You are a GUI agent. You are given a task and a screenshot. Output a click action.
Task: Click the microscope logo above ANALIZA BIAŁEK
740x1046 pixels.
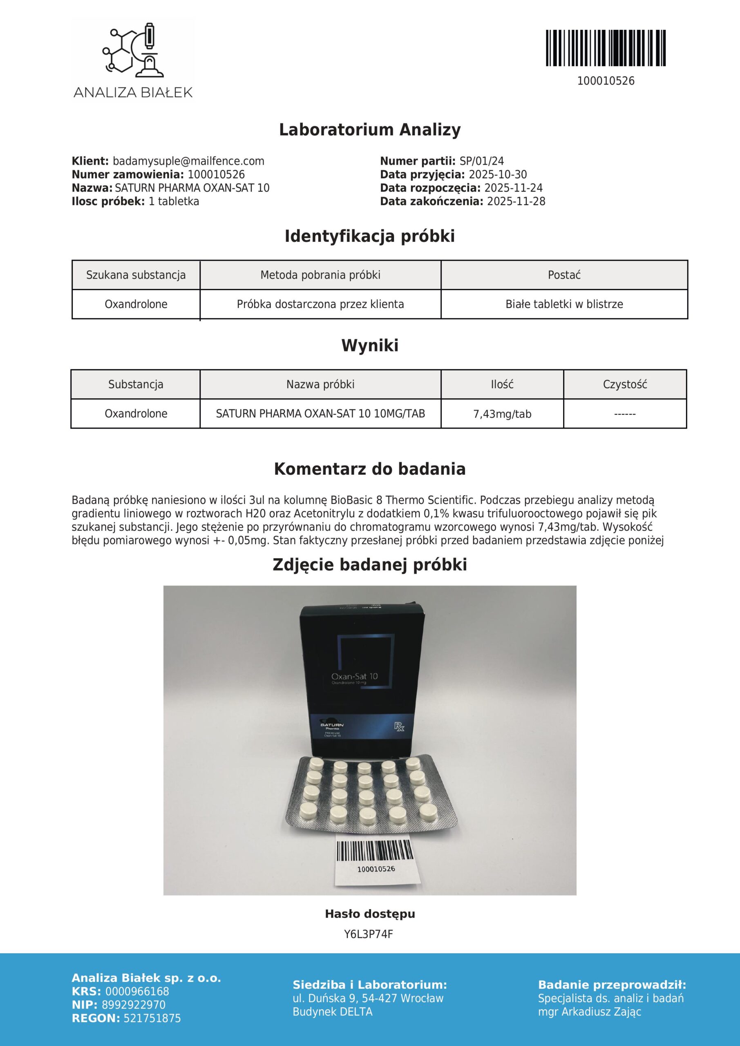133,50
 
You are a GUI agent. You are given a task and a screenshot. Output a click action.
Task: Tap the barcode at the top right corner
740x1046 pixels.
606,48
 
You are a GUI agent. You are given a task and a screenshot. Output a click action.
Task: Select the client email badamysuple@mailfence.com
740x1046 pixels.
188,161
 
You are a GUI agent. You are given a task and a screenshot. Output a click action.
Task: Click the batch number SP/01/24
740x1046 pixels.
481,161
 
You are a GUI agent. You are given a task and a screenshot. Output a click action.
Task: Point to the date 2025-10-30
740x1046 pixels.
498,174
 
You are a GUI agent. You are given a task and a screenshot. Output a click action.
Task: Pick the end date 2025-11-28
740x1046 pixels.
516,201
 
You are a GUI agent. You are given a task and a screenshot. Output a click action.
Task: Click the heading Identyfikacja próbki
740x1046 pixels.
369,236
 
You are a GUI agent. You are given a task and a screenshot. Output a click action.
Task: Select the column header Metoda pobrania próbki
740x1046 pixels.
320,275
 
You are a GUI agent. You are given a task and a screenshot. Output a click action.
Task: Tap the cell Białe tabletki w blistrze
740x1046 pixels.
564,304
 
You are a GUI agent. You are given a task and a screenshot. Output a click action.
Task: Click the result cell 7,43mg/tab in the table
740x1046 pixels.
502,414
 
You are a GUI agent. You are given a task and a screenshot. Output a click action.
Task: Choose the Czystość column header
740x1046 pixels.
625,384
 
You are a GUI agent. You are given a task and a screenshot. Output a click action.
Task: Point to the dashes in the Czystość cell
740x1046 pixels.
625,414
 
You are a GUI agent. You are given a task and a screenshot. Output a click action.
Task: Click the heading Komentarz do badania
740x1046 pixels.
369,469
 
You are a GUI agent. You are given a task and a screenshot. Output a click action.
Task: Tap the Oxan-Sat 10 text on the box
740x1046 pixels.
355,677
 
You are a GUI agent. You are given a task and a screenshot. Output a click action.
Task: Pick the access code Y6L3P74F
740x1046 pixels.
368,934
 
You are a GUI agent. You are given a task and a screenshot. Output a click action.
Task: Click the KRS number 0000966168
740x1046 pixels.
137,991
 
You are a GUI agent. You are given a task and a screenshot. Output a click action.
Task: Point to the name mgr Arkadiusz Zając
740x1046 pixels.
589,1011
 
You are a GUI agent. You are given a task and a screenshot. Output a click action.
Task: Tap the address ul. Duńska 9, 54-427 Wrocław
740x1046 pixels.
368,998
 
